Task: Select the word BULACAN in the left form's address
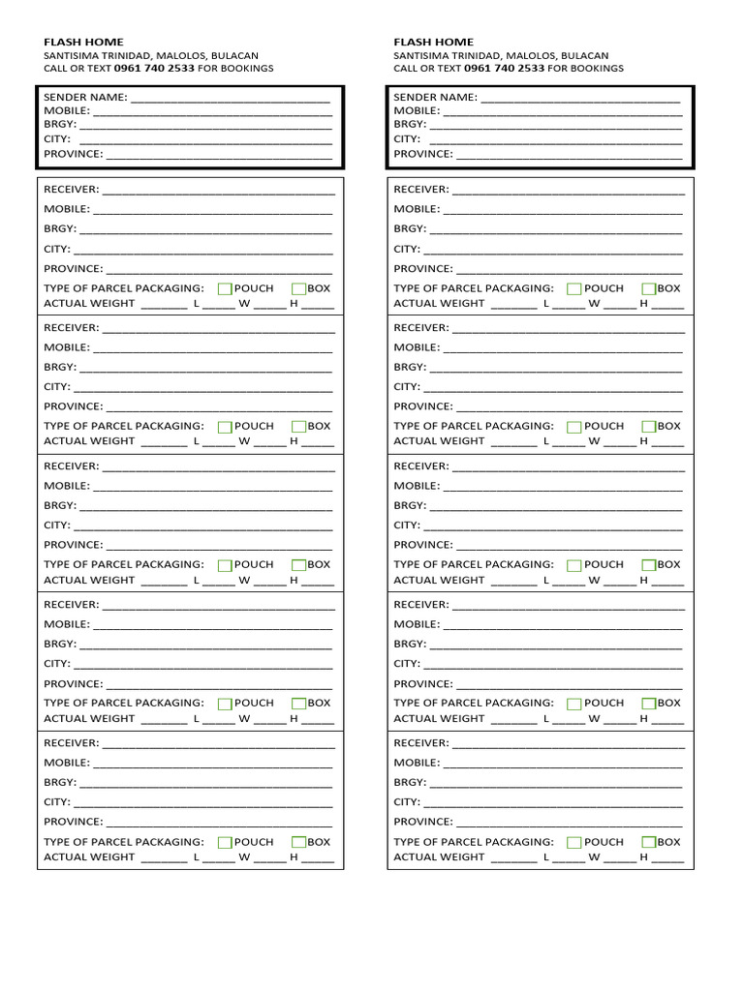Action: click(x=234, y=55)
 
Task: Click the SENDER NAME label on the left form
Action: click(x=85, y=97)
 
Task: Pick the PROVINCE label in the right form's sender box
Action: click(x=423, y=154)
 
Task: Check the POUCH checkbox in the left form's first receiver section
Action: click(x=225, y=288)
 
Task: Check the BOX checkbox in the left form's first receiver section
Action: click(x=298, y=288)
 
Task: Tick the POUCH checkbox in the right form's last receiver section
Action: click(x=574, y=842)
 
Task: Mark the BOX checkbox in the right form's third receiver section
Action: click(x=648, y=564)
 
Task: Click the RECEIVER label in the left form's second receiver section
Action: click(x=71, y=328)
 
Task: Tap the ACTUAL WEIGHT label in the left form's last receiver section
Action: click(x=89, y=856)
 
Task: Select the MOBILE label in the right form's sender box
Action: click(x=417, y=110)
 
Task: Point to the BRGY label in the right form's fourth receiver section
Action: click(x=410, y=644)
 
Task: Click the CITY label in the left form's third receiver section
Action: click(x=57, y=525)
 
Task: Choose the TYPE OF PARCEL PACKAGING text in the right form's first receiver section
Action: click(x=474, y=288)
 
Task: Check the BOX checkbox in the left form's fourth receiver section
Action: click(x=298, y=704)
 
